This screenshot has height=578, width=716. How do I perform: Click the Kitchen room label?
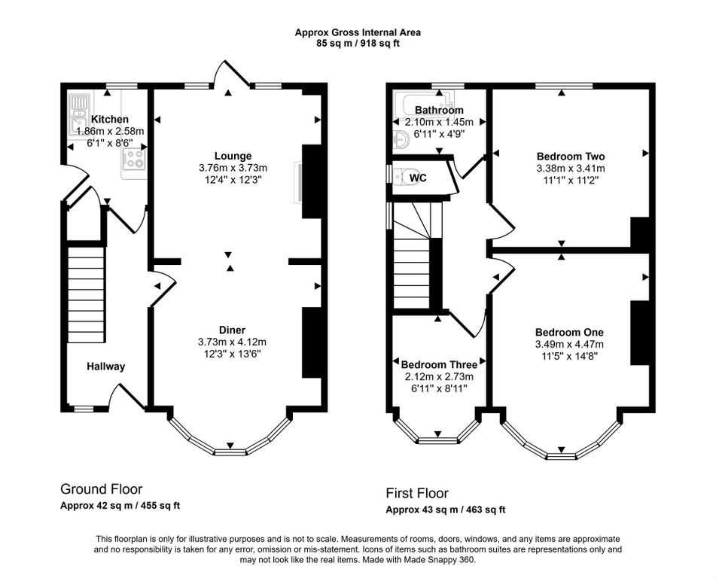(110, 119)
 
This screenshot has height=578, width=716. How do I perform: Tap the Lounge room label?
(233, 156)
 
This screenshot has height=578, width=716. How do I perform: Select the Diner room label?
(232, 330)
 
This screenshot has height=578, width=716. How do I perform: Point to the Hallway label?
(106, 367)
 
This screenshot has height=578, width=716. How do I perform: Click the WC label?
(418, 178)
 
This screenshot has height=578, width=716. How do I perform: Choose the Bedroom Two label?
(571, 156)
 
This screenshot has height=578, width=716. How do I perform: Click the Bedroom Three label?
(439, 365)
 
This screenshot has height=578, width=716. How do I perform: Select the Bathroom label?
(439, 110)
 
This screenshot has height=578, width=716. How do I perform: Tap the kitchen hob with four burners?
(134, 159)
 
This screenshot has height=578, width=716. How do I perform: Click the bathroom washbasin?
(401, 138)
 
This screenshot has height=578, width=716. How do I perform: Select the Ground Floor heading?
(102, 489)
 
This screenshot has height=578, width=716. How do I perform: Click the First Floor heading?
(417, 493)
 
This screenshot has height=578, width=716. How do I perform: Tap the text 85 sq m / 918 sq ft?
(358, 44)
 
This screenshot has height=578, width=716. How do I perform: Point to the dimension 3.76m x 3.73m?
(233, 168)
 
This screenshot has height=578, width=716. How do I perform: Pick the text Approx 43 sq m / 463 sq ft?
(446, 510)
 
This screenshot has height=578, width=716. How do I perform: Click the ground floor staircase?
(87, 295)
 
